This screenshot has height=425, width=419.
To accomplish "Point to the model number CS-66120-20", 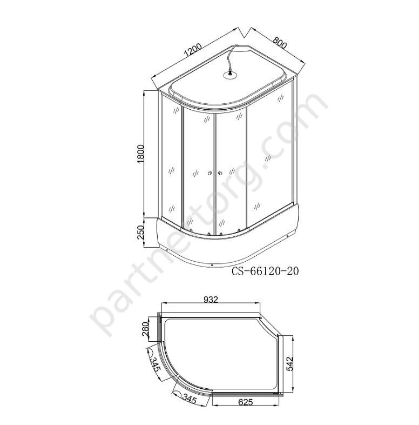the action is coord(265,271).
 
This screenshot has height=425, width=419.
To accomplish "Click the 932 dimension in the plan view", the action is coord(211,300).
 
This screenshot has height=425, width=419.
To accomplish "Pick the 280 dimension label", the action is coord(145,329).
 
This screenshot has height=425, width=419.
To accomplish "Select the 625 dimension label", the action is coord(245,402).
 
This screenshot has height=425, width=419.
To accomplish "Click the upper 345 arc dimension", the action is coord(156,364).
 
